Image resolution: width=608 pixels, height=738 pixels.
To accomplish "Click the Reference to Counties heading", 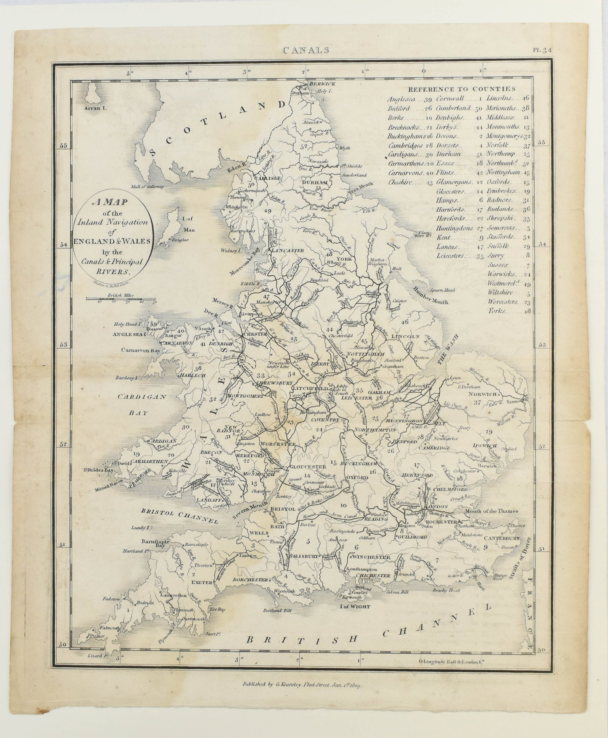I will pyautogui.click(x=462, y=89).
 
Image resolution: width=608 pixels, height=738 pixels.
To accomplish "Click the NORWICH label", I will pyautogui.click(x=483, y=394).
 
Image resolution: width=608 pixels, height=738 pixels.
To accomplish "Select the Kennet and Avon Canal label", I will pyautogui.click(x=330, y=517).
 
